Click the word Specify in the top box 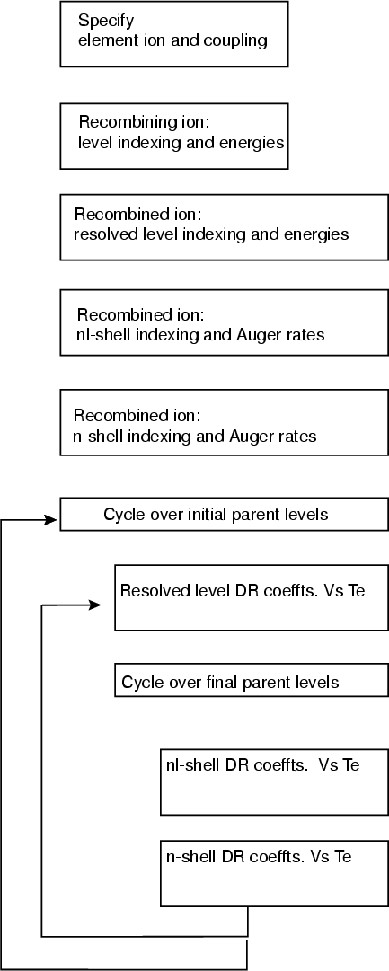[105, 22]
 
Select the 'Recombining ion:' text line [140, 121]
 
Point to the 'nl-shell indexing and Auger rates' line [199, 336]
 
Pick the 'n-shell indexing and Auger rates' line [195, 437]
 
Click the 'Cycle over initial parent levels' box [225, 515]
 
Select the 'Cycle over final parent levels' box [252, 681]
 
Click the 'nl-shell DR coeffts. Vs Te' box [274, 782]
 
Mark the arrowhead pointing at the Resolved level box [94, 605]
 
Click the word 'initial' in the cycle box [204, 515]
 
